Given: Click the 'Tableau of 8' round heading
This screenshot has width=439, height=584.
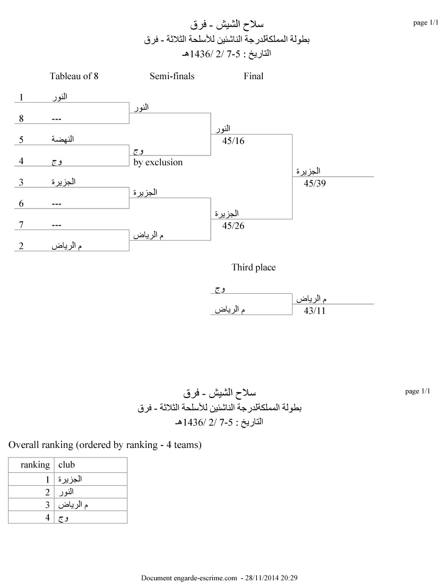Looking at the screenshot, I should tap(74, 76).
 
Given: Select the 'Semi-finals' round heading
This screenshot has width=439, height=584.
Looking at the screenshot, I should tap(172, 76).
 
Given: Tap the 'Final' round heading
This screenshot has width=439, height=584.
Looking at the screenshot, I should tap(253, 76).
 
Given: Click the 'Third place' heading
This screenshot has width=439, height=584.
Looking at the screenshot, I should tap(253, 267).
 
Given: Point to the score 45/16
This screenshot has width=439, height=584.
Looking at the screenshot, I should tap(234, 141).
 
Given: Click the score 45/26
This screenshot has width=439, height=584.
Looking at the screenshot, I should tap(234, 226).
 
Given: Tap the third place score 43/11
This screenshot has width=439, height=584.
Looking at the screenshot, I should tap(314, 311).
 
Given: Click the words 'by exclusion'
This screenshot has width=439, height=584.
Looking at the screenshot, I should tap(158, 162).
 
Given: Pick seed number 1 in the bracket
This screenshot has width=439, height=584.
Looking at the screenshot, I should tap(21, 97).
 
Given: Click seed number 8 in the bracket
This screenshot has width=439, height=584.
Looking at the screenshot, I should tap(21, 119).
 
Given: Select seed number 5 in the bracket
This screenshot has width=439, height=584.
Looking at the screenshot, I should tap(21, 140).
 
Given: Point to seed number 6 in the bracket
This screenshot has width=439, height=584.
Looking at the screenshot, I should tap(21, 204).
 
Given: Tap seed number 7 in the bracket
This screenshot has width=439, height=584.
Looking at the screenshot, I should tap(21, 225).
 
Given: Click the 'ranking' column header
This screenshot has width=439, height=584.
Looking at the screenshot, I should tap(35, 464).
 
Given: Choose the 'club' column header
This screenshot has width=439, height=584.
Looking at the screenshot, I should tap(66, 464).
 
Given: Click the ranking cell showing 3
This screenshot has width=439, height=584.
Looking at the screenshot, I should tap(47, 504).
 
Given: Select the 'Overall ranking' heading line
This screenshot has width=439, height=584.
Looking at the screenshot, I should tap(105, 445).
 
